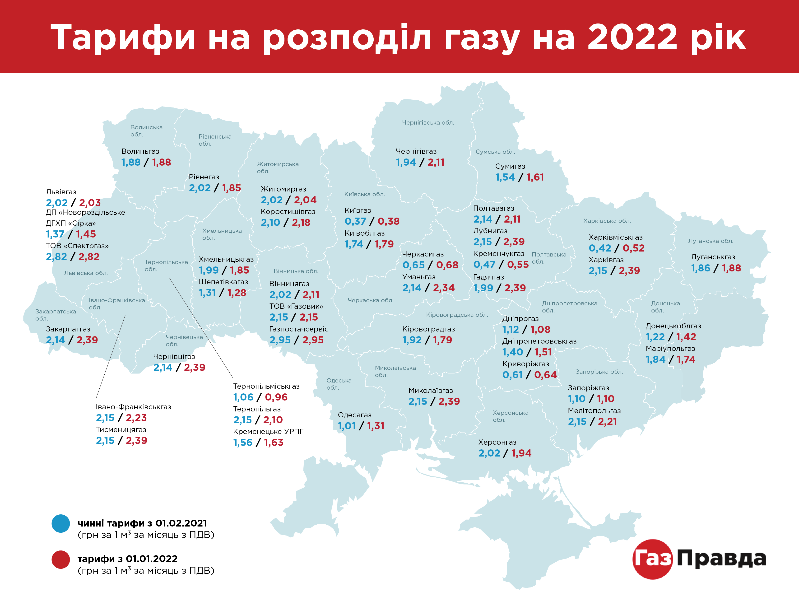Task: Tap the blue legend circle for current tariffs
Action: point(61,524)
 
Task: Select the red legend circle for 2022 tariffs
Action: point(61,559)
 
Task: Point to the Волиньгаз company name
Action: point(140,151)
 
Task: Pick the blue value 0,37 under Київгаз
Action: point(355,221)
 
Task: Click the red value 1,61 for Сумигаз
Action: point(535,177)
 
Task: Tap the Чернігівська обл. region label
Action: point(428,122)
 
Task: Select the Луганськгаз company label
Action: point(713,257)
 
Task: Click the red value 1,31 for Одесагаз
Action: point(376,426)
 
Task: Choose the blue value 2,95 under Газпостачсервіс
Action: point(280,340)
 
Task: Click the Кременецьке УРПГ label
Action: point(268,431)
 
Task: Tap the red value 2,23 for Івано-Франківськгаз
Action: point(136,418)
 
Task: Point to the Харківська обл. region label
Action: point(607,221)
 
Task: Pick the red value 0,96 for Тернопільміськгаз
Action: point(276,397)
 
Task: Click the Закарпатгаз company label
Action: point(68,329)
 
